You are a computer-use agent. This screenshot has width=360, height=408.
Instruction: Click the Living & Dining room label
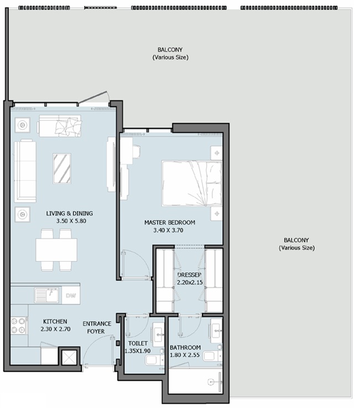click(70, 213)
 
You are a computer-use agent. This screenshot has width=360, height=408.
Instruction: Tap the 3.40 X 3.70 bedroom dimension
click(168, 231)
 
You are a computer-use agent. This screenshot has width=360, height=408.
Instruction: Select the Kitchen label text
click(55, 321)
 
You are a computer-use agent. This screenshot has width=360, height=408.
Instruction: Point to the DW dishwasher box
click(71, 295)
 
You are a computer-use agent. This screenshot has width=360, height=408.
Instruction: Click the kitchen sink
click(47, 295)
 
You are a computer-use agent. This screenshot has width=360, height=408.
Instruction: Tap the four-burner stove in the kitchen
click(19, 326)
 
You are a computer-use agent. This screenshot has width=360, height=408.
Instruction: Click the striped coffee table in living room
click(62, 169)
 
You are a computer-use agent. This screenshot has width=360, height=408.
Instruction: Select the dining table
click(56, 250)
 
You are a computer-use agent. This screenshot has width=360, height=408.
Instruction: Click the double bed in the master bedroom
click(192, 183)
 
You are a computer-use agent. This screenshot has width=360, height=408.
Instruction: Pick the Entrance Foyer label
click(97, 327)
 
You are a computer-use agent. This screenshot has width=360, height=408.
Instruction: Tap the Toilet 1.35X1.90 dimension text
click(138, 351)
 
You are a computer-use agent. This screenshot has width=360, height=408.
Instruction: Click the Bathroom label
click(185, 347)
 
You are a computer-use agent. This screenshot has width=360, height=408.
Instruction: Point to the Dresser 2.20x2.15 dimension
click(190, 283)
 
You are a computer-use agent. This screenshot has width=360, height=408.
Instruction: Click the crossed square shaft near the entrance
click(69, 358)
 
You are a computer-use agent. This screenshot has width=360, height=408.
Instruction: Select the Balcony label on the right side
click(296, 240)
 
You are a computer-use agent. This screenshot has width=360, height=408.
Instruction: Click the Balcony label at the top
click(170, 49)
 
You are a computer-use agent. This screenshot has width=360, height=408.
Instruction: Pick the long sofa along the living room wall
click(25, 171)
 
